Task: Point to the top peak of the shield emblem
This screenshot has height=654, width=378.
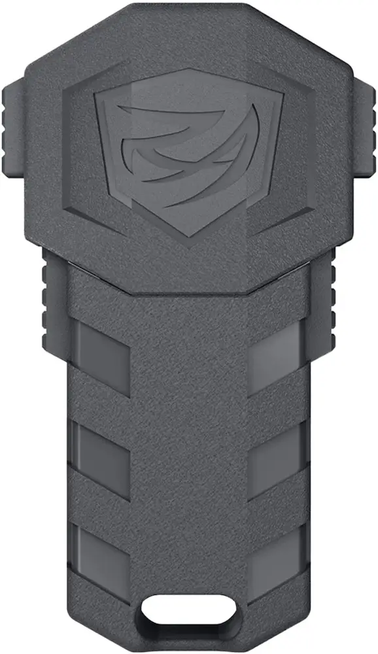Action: [x=188, y=71]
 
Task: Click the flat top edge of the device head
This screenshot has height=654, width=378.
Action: [x=188, y=8]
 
